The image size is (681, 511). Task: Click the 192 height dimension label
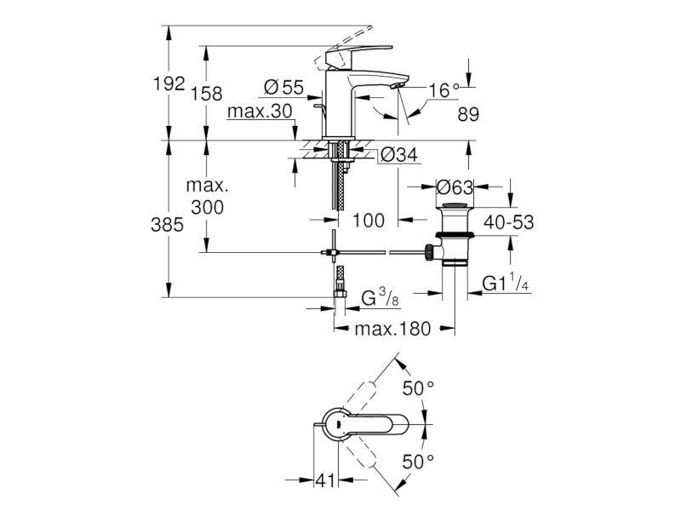pos(169,83)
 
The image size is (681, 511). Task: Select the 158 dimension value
pos(206,94)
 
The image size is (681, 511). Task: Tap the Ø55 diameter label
pos(283,88)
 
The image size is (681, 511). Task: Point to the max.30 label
pos(260,112)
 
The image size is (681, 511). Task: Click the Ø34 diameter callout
pos(398,154)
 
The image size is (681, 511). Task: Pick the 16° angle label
pos(444,90)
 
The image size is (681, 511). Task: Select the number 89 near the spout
pos(468,114)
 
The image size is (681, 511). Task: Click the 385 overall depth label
pos(167,225)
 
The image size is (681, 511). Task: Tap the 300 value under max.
pos(207,207)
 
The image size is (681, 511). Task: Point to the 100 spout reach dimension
pos(368,221)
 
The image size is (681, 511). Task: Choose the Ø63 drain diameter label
pos(455,187)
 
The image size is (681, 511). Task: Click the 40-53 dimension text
pos(508,222)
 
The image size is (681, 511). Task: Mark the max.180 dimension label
pos(392,329)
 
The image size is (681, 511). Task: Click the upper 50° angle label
pos(418,388)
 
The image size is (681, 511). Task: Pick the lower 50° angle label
pos(418,462)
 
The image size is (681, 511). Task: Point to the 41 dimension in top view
pos(325,480)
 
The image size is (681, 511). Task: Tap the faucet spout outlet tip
pos(395,87)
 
